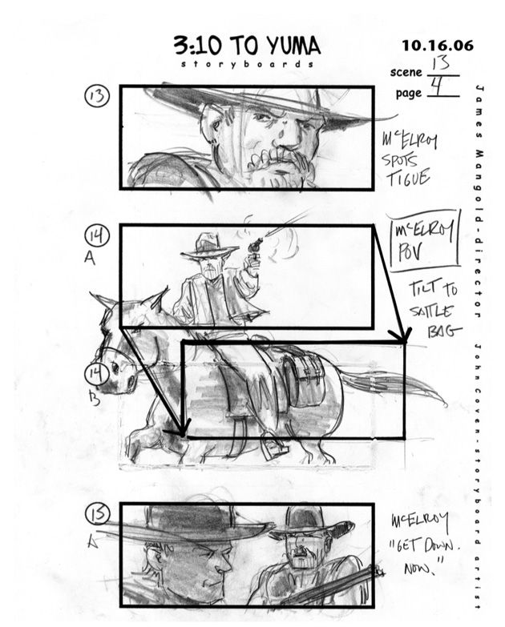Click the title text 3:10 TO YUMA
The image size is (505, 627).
(x=246, y=45)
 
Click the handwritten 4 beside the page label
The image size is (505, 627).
(x=439, y=86)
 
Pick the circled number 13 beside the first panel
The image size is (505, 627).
(x=99, y=97)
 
